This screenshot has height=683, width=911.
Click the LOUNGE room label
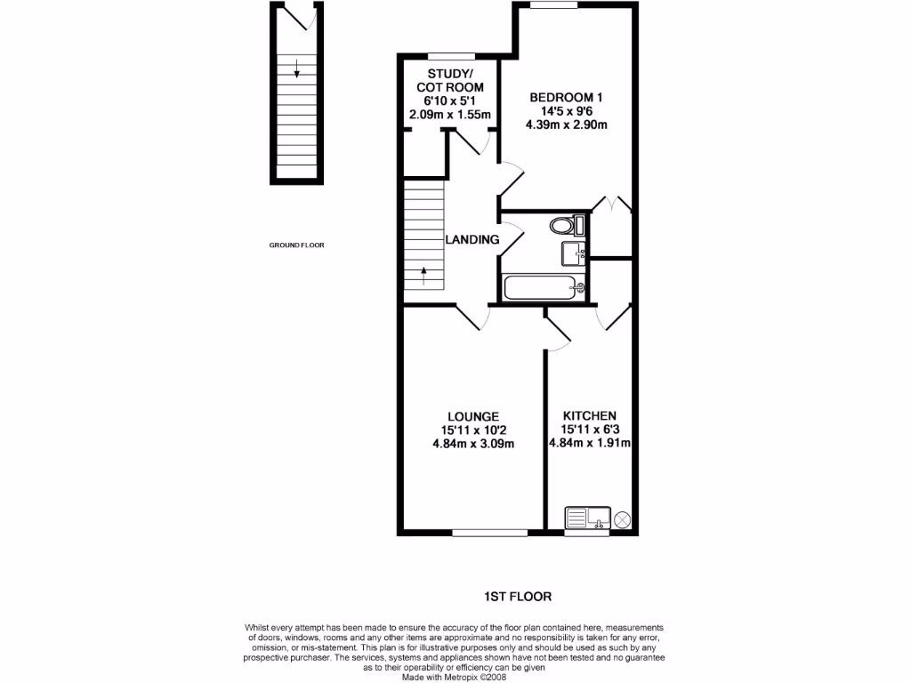click(472, 416)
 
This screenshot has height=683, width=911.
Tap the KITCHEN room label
click(590, 416)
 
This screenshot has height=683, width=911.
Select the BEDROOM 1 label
click(566, 97)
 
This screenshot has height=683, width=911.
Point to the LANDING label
click(472, 239)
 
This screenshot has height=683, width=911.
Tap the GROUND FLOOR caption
click(297, 245)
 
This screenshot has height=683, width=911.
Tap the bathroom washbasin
click(573, 253)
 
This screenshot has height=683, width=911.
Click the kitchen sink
click(586, 517)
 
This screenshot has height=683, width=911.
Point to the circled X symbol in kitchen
click(622, 518)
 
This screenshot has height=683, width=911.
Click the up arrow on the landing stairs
click(423, 274)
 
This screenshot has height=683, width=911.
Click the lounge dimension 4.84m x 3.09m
click(472, 445)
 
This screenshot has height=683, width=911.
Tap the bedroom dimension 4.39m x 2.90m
click(566, 125)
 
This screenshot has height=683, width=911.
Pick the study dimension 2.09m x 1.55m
click(450, 115)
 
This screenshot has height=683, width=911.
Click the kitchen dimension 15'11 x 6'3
click(590, 430)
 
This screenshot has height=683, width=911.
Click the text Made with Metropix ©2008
click(455, 676)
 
